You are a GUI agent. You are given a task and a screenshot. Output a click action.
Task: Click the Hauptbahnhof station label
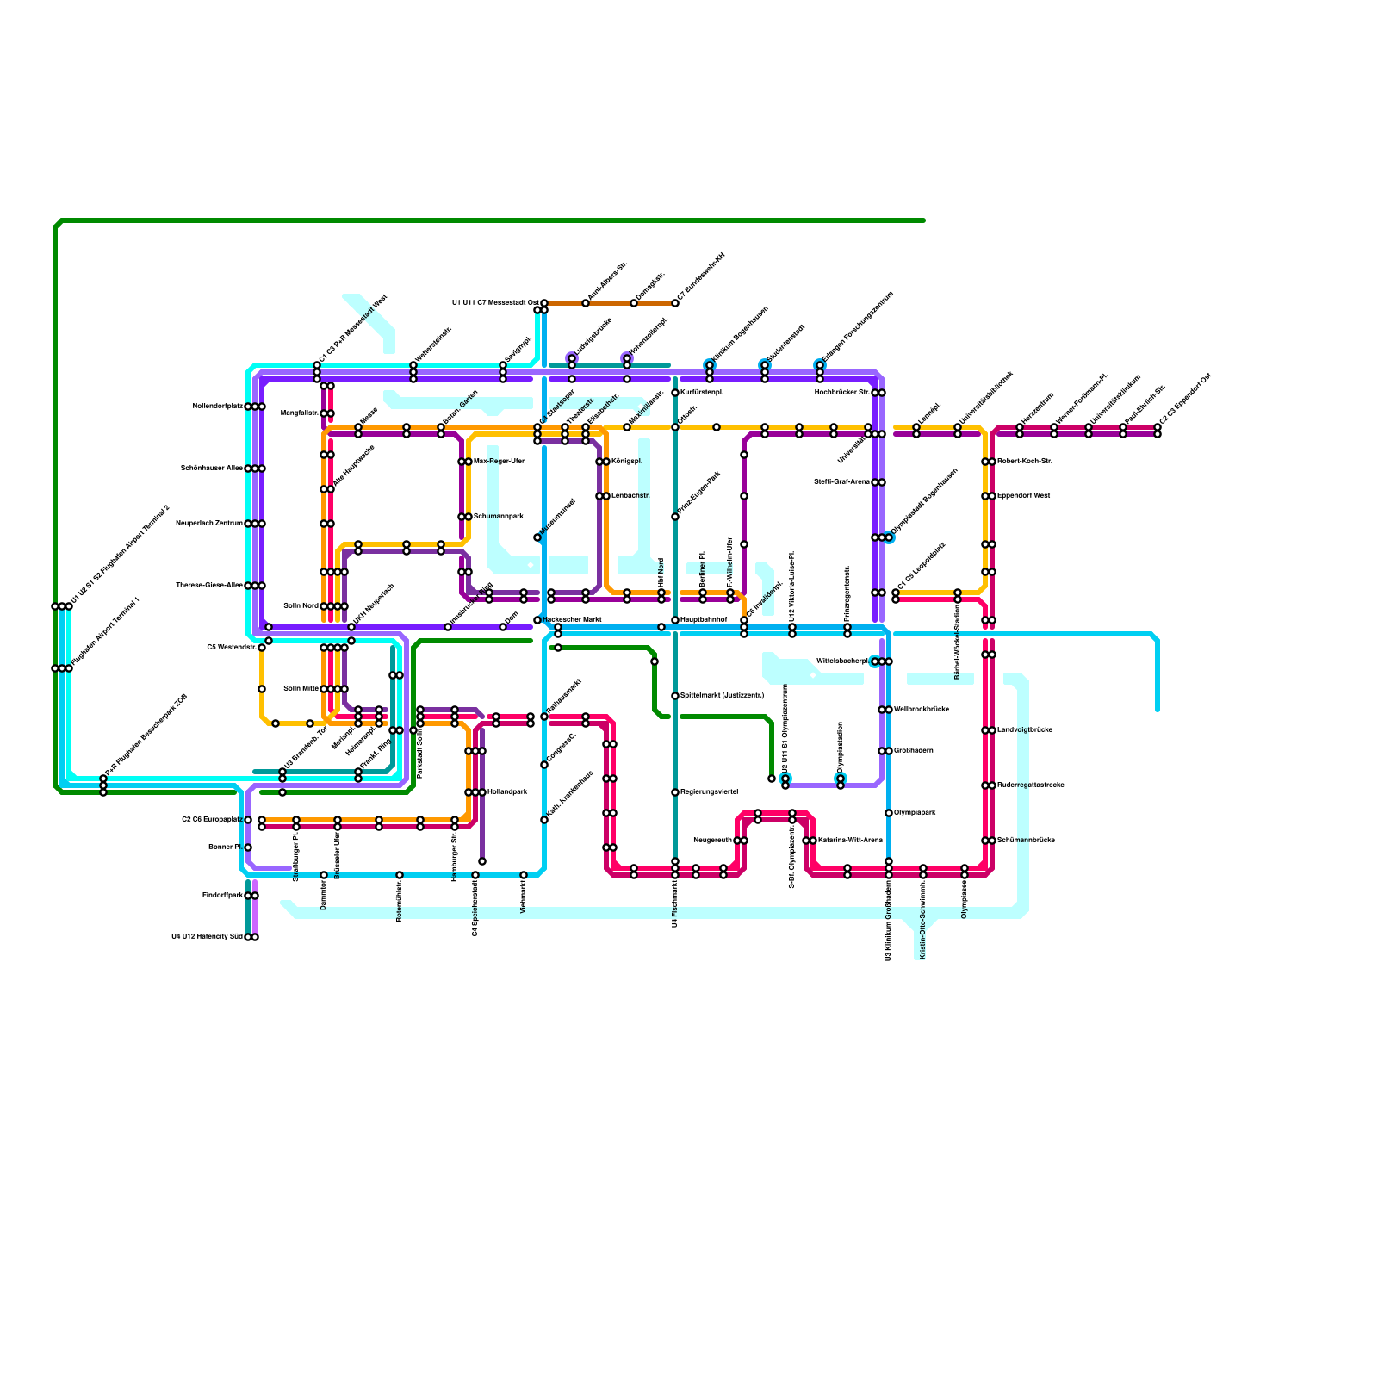[704, 620]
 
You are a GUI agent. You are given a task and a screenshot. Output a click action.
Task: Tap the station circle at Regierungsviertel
[675, 792]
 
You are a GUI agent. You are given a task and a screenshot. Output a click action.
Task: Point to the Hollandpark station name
[506, 792]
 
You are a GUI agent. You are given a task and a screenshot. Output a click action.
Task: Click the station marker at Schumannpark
[465, 517]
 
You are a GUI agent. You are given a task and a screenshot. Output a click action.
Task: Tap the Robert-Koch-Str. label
[1025, 462]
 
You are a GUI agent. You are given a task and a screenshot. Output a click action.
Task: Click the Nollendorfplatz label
[218, 407]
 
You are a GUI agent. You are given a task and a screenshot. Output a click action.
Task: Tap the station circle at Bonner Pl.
[248, 847]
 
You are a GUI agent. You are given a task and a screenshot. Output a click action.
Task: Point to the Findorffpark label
[222, 896]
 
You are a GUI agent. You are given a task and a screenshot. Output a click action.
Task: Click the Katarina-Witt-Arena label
[850, 841]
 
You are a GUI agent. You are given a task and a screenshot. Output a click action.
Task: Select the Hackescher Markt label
[572, 620]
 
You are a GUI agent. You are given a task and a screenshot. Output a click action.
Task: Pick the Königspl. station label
[627, 462]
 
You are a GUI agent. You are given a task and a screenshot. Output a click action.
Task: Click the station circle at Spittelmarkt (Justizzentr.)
[675, 696]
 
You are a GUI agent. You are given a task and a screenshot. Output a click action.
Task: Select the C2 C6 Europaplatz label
[212, 820]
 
